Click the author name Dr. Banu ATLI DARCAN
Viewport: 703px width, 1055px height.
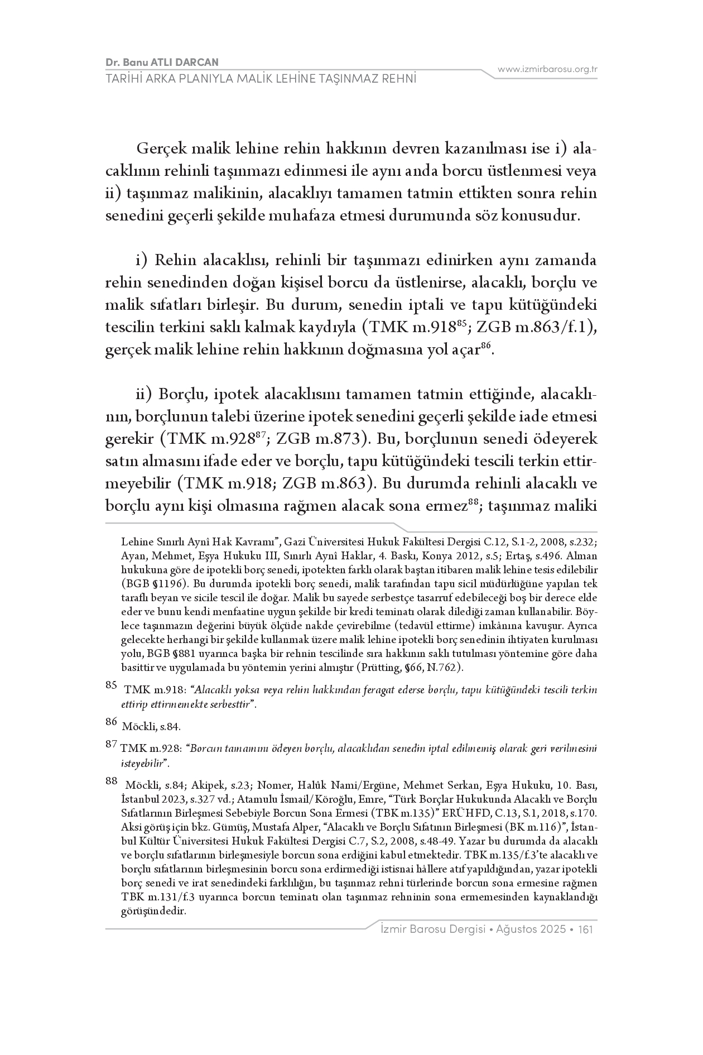click(162, 62)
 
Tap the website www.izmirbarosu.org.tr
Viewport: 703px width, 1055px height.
click(547, 69)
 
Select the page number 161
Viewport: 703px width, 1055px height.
click(585, 929)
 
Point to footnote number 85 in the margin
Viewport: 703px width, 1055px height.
click(112, 687)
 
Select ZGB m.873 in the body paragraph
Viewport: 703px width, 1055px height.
click(323, 439)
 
